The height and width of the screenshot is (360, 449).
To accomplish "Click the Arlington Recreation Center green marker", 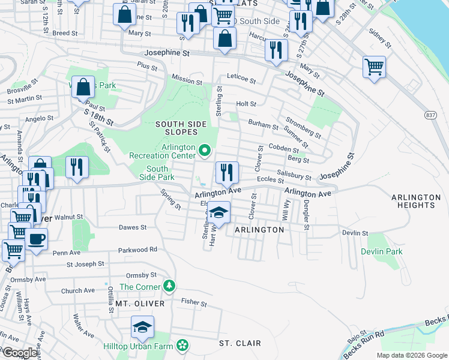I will (205, 150).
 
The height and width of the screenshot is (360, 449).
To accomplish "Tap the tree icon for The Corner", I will (170, 286).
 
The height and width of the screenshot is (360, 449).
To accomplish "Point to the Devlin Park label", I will (382, 251).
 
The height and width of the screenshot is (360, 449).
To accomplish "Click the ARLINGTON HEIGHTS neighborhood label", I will (416, 201).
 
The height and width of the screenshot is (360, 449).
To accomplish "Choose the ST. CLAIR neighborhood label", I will (240, 343).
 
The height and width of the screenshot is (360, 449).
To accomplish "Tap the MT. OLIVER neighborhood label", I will (140, 304).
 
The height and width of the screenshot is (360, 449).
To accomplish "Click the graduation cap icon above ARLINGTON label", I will (218, 213).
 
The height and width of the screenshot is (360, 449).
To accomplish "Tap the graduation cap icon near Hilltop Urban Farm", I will (143, 327).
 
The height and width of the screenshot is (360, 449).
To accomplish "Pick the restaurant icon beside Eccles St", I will (227, 173).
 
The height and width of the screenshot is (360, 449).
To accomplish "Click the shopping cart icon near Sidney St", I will (374, 67).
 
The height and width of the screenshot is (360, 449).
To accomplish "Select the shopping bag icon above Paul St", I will (83, 87).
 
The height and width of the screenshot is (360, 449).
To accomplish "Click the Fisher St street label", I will (194, 303).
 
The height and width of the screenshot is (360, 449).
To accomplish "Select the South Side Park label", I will (157, 173).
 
